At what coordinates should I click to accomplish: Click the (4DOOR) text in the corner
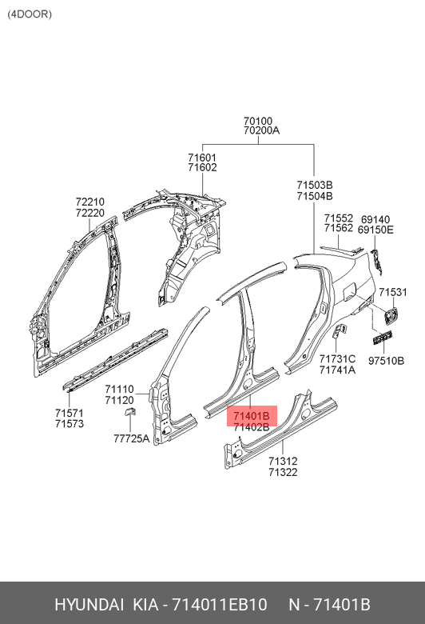pyautogui.click(x=30, y=14)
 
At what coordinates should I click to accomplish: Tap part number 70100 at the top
pyautogui.click(x=258, y=121)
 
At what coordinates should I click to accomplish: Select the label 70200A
pyautogui.click(x=261, y=130)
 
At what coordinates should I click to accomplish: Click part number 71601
pyautogui.click(x=202, y=158)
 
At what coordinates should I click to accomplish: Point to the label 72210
pyautogui.click(x=90, y=202)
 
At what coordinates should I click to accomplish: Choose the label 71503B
pyautogui.click(x=315, y=185)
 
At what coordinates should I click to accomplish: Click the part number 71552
pyautogui.click(x=339, y=218)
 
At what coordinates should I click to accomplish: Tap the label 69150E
pyautogui.click(x=375, y=230)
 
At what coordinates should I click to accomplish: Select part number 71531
pyautogui.click(x=393, y=292)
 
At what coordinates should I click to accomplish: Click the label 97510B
pyautogui.click(x=386, y=361)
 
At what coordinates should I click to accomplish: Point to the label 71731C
pyautogui.click(x=338, y=359)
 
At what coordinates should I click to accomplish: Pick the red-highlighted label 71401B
pyautogui.click(x=252, y=416)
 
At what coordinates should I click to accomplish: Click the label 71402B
pyautogui.click(x=252, y=427)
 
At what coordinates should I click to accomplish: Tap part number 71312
pyautogui.click(x=283, y=462)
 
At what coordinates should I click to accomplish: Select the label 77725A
pyautogui.click(x=132, y=438)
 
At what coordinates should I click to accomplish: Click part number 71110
pyautogui.click(x=119, y=390)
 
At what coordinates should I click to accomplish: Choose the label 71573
pyautogui.click(x=70, y=424)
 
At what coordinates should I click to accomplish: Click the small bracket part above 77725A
pyautogui.click(x=130, y=411)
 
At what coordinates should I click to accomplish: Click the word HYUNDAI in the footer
pyautogui.click(x=89, y=605)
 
